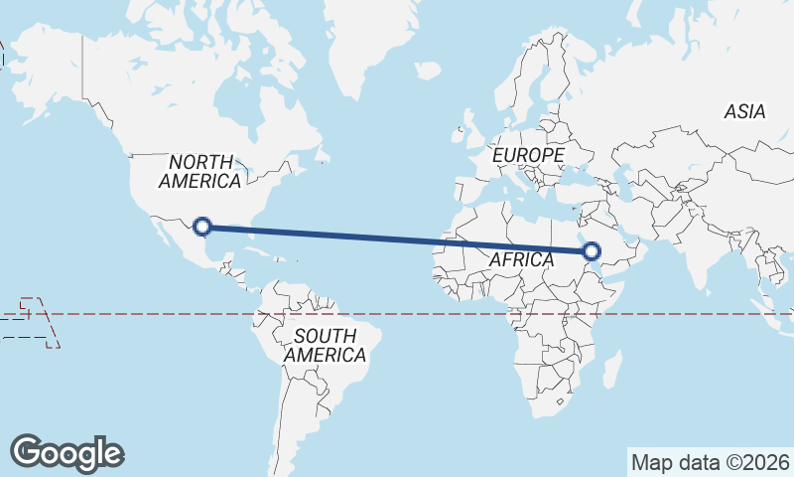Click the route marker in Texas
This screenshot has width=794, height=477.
(x=202, y=227)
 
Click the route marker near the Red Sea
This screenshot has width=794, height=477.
(x=593, y=251)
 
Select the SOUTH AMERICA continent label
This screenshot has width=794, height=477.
(x=325, y=345)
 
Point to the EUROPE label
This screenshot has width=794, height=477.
(x=528, y=156)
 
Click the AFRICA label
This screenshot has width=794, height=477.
(x=521, y=259)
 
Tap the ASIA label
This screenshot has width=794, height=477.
(x=744, y=112)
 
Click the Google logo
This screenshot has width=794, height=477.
(x=67, y=452)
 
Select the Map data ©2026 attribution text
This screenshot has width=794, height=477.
(x=711, y=462)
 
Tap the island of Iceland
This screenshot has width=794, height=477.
(x=428, y=71)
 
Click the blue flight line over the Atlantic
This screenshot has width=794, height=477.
(x=397, y=238)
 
